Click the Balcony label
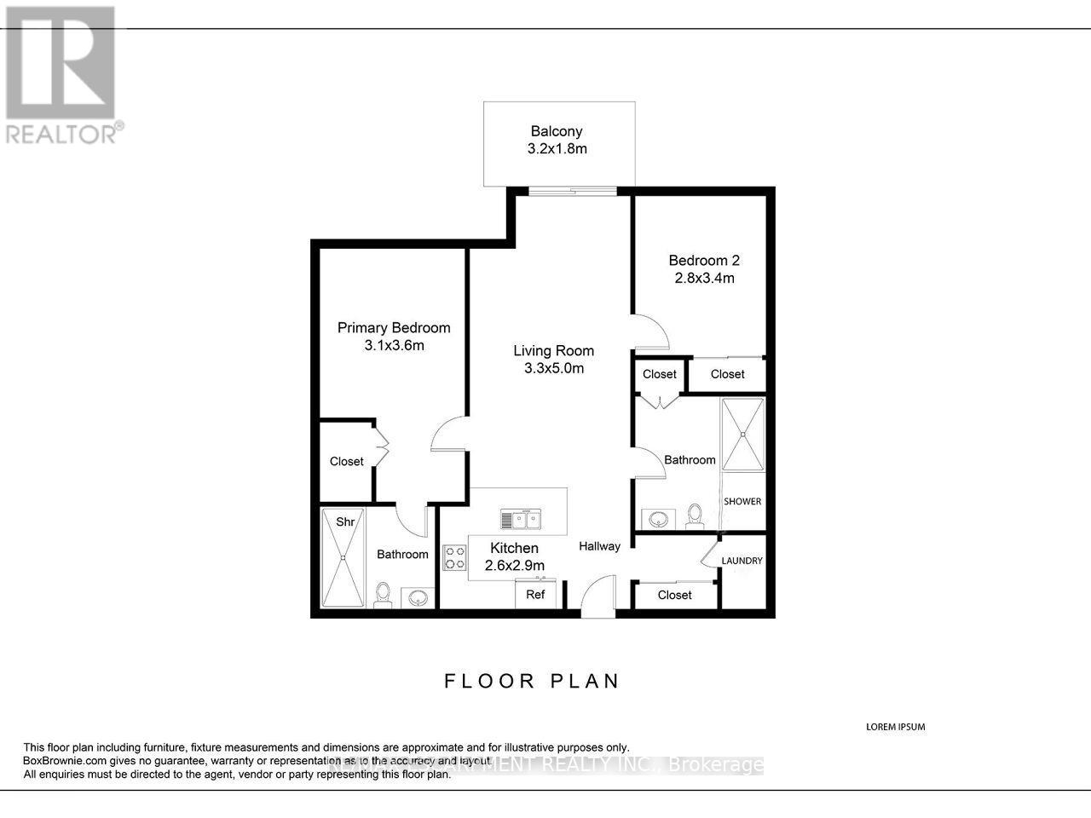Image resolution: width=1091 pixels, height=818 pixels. coord(556,131)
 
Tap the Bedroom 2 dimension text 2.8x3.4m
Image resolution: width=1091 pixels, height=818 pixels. coord(701,279)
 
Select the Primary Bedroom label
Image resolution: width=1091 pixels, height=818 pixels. coord(394,328)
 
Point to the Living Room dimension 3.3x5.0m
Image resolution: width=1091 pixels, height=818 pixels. coord(554,369)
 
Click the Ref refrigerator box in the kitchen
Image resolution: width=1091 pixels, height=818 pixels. coord(535,594)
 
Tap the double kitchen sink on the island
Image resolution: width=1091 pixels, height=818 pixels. coord(520,519)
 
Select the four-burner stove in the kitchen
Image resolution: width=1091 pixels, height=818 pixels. coord(454,557)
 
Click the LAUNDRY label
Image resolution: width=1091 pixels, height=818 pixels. coord(742,561)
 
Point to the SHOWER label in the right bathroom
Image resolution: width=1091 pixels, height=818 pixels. coord(742,501)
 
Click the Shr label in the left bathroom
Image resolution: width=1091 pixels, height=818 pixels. coord(345,522)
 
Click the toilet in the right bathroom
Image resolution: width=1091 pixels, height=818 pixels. coord(695,515)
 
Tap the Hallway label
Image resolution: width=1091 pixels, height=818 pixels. coord(599,546)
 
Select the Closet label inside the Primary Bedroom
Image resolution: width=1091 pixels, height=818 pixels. coord(347,462)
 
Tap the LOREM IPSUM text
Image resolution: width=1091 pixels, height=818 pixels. coord(895,727)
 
